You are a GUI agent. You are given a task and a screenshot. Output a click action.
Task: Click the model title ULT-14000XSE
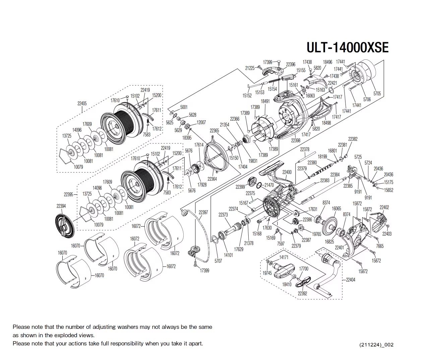pyautogui.click(x=347, y=48)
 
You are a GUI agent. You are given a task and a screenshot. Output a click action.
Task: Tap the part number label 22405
pyautogui.click(x=82, y=103)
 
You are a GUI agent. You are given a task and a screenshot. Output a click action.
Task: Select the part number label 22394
pyautogui.click(x=61, y=206)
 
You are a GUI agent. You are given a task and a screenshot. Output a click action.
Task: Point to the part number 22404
pyautogui.click(x=351, y=280)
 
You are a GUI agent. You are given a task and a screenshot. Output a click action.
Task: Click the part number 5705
pyautogui.click(x=377, y=94)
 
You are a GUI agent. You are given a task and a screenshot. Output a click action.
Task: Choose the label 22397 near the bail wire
pyautogui.click(x=203, y=212)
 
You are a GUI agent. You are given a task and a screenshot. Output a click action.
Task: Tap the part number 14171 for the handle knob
pyautogui.click(x=284, y=257)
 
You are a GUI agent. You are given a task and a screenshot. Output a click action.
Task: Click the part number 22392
pyautogui.click(x=302, y=293)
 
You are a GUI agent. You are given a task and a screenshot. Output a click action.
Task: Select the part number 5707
pyautogui.click(x=218, y=261)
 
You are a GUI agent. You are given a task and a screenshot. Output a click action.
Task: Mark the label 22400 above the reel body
pyautogui.click(x=287, y=172)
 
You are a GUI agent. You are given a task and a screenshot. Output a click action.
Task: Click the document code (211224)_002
pyautogui.click(x=376, y=345)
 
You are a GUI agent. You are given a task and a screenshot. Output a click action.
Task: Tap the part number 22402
pyautogui.click(x=384, y=207)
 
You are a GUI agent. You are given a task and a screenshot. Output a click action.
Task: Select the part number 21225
pyautogui.click(x=250, y=68)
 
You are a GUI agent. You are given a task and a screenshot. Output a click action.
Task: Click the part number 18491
pyautogui.click(x=265, y=101)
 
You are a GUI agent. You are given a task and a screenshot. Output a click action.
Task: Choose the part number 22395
pyautogui.click(x=68, y=194)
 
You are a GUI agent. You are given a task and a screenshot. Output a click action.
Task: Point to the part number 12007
pyautogui.click(x=201, y=122)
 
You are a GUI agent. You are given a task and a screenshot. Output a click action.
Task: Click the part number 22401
pyautogui.click(x=339, y=247)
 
